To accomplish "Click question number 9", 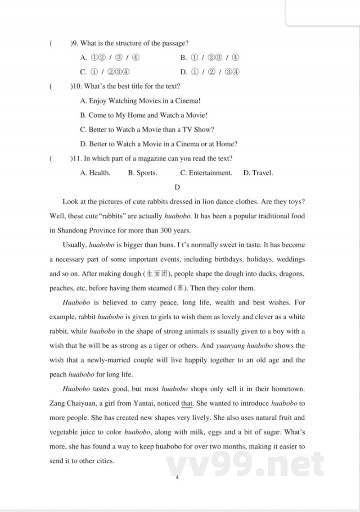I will pos(74,43).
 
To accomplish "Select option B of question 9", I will pos(209,58).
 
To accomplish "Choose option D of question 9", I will pos(209,72).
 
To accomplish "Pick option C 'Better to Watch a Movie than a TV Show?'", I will pos(147,130).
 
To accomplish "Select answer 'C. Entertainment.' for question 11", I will pos(206,173).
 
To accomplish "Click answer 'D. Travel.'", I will pos(258,173).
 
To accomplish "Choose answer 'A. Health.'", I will pos(95,173).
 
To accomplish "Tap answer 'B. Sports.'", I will pos(143,173).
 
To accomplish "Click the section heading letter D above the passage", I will pos(177,187).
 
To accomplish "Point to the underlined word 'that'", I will pos(187,403).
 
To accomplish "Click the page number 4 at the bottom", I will pos(177,478).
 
